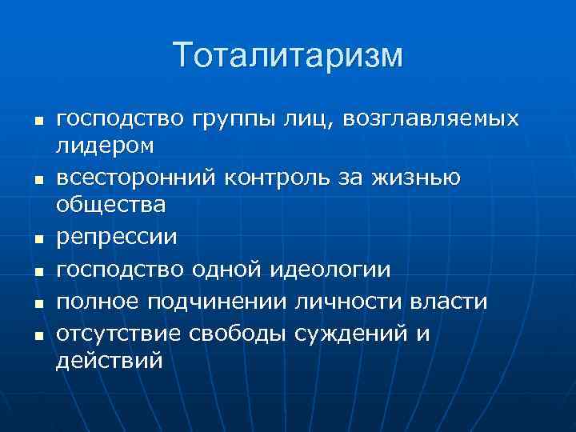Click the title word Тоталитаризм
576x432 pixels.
(x=288, y=56)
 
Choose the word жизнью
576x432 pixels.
(x=415, y=177)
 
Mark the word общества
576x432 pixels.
(x=111, y=205)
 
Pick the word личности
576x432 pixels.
(x=349, y=301)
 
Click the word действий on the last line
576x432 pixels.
(x=109, y=361)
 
